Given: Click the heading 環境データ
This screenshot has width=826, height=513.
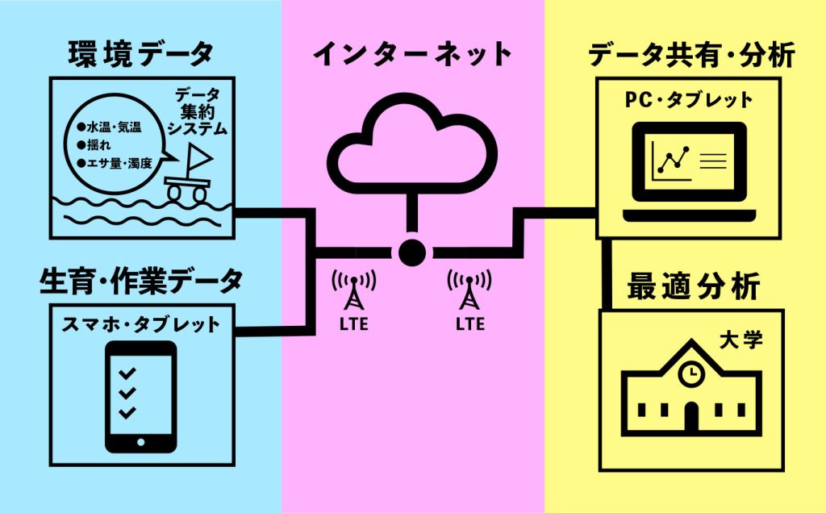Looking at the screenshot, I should (x=142, y=54).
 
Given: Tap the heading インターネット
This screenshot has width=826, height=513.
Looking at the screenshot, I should (x=412, y=54).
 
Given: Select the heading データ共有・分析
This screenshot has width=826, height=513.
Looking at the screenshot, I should (x=692, y=55).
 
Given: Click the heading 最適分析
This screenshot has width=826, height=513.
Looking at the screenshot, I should (x=693, y=286).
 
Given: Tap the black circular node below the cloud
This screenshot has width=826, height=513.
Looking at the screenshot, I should (x=412, y=251).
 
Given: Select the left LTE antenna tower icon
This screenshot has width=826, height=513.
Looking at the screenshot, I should (x=353, y=292).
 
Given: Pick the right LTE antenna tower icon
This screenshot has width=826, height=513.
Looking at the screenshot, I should (x=470, y=292).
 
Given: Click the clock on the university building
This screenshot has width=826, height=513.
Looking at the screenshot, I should (x=690, y=374).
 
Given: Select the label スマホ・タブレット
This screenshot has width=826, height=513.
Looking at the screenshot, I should (x=141, y=325).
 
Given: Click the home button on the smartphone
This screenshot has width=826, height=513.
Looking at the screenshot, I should (x=141, y=442).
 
